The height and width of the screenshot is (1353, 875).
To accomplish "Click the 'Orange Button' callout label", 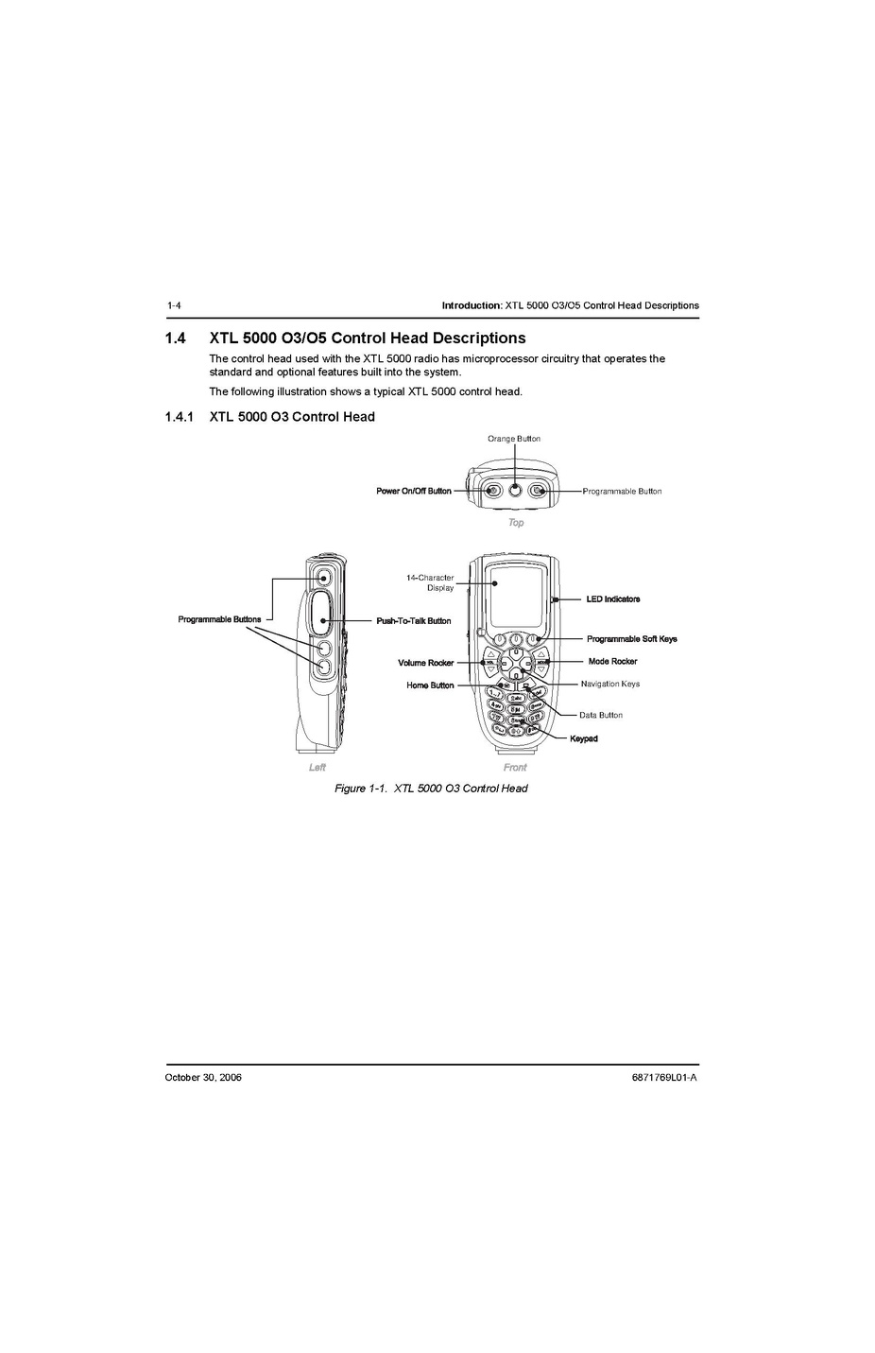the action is click(513, 439).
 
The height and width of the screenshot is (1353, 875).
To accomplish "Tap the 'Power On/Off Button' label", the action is click(413, 491).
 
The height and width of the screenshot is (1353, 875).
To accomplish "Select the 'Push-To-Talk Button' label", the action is click(413, 621).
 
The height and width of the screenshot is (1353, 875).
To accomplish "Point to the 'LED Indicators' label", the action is click(613, 599).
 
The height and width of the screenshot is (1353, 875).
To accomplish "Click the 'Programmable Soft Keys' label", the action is click(632, 639).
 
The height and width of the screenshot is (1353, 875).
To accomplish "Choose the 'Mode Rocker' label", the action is click(612, 662).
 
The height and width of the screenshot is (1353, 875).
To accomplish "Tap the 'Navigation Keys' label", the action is click(610, 684).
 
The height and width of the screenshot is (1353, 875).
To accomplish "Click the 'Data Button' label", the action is click(600, 715).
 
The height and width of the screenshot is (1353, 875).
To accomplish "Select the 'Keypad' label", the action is click(584, 738).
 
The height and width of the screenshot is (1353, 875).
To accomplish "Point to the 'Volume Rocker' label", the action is click(425, 663).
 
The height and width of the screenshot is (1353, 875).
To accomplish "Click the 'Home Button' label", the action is click(430, 685).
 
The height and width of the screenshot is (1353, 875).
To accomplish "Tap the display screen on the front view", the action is click(517, 598).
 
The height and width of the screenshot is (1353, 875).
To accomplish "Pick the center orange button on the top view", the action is click(515, 491).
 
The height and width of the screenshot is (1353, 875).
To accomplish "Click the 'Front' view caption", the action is click(515, 767).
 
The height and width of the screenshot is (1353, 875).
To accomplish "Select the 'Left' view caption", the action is click(317, 767).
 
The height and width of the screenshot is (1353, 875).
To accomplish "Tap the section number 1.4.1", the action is click(180, 417).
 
